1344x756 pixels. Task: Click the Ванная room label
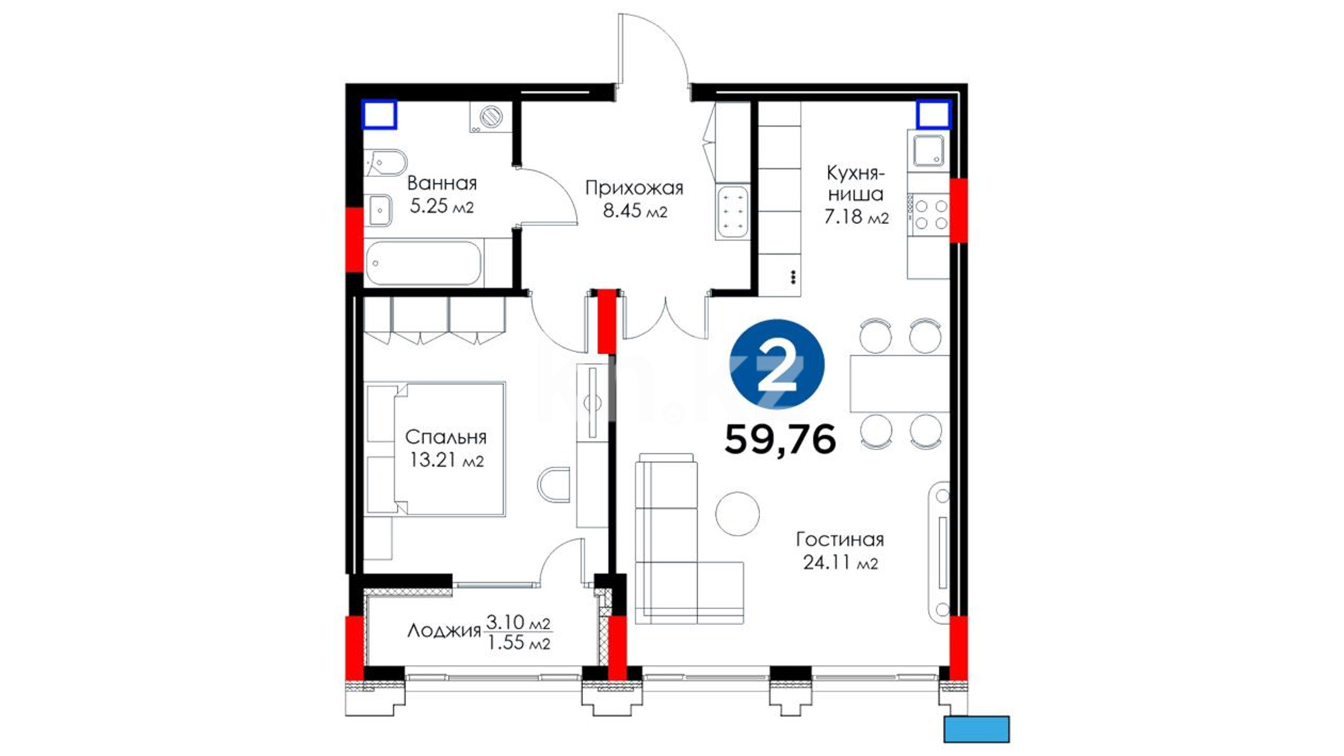pyautogui.click(x=442, y=183)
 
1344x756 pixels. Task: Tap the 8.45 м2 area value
pyautogui.click(x=635, y=211)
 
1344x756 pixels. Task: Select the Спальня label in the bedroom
pyautogui.click(x=446, y=437)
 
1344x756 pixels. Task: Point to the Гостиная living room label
pyautogui.click(x=840, y=540)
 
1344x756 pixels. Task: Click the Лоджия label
pyautogui.click(x=444, y=631)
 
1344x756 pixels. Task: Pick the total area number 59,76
pyautogui.click(x=780, y=440)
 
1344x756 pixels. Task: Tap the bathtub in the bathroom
pyautogui.click(x=423, y=263)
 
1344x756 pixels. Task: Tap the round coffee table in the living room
pyautogui.click(x=737, y=514)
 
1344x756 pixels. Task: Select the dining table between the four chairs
pyautogui.click(x=899, y=384)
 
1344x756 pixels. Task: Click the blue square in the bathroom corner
pyautogui.click(x=379, y=115)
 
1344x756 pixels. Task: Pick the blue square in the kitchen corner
pyautogui.click(x=934, y=115)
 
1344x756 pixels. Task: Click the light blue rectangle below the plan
pyautogui.click(x=976, y=729)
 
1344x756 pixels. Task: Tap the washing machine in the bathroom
pyautogui.click(x=489, y=118)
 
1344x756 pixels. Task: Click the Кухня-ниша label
pyautogui.click(x=855, y=183)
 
